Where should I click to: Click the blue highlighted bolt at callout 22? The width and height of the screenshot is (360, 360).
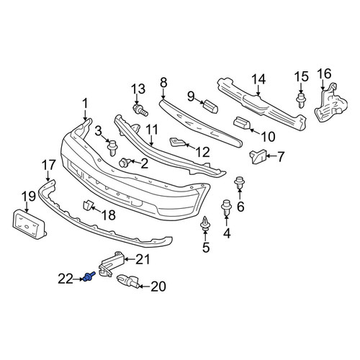pyautogui.click(x=89, y=276)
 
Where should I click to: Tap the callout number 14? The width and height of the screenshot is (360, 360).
pyautogui.click(x=258, y=79)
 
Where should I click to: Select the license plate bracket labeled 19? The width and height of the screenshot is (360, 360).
pyautogui.click(x=30, y=224)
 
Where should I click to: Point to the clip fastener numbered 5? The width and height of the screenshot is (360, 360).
pyautogui.click(x=205, y=224)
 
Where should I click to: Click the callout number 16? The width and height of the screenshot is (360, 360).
pyautogui.click(x=325, y=73)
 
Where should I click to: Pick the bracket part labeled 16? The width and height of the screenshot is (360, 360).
pyautogui.click(x=330, y=103)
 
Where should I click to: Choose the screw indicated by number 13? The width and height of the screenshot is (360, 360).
pyautogui.click(x=140, y=110)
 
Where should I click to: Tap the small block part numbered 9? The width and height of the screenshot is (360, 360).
pyautogui.click(x=210, y=106)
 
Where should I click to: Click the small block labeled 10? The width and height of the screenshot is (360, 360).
pyautogui.click(x=242, y=123)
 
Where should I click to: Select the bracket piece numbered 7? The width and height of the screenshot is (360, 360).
pyautogui.click(x=258, y=156)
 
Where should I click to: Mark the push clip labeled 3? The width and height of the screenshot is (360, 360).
pyautogui.click(x=112, y=148)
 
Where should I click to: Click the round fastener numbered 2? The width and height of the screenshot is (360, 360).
pyautogui.click(x=125, y=163)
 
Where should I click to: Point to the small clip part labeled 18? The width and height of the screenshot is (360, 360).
pyautogui.click(x=88, y=205)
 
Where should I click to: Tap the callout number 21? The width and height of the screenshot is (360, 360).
pyautogui.click(x=143, y=259)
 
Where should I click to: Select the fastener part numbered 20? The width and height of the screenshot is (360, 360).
pyautogui.click(x=127, y=281)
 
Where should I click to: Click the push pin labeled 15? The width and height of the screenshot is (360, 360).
pyautogui.click(x=301, y=100)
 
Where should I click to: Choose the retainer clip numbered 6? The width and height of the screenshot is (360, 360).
pyautogui.click(x=240, y=184)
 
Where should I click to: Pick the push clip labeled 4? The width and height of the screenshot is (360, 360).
pyautogui.click(x=226, y=208)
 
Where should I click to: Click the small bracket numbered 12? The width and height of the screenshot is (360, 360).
pyautogui.click(x=177, y=142)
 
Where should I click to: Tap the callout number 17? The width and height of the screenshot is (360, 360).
pyautogui.click(x=49, y=166)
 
